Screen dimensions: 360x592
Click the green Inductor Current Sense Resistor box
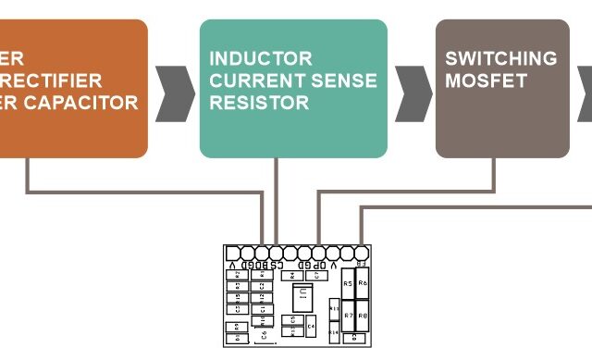click(293, 88)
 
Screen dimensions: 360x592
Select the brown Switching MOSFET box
click(502, 88)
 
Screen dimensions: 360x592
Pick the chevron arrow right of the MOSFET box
click(585, 93)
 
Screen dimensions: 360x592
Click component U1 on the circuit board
click(301, 298)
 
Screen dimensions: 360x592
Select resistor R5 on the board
click(348, 284)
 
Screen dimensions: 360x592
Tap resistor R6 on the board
click(363, 284)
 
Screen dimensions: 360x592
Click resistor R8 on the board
click(363, 317)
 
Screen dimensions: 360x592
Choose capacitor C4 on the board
click(311, 327)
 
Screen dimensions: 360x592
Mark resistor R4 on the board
click(293, 275)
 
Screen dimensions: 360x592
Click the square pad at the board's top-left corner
click(233, 253)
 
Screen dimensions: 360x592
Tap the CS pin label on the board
click(270, 264)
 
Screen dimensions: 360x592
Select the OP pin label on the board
click(320, 264)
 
